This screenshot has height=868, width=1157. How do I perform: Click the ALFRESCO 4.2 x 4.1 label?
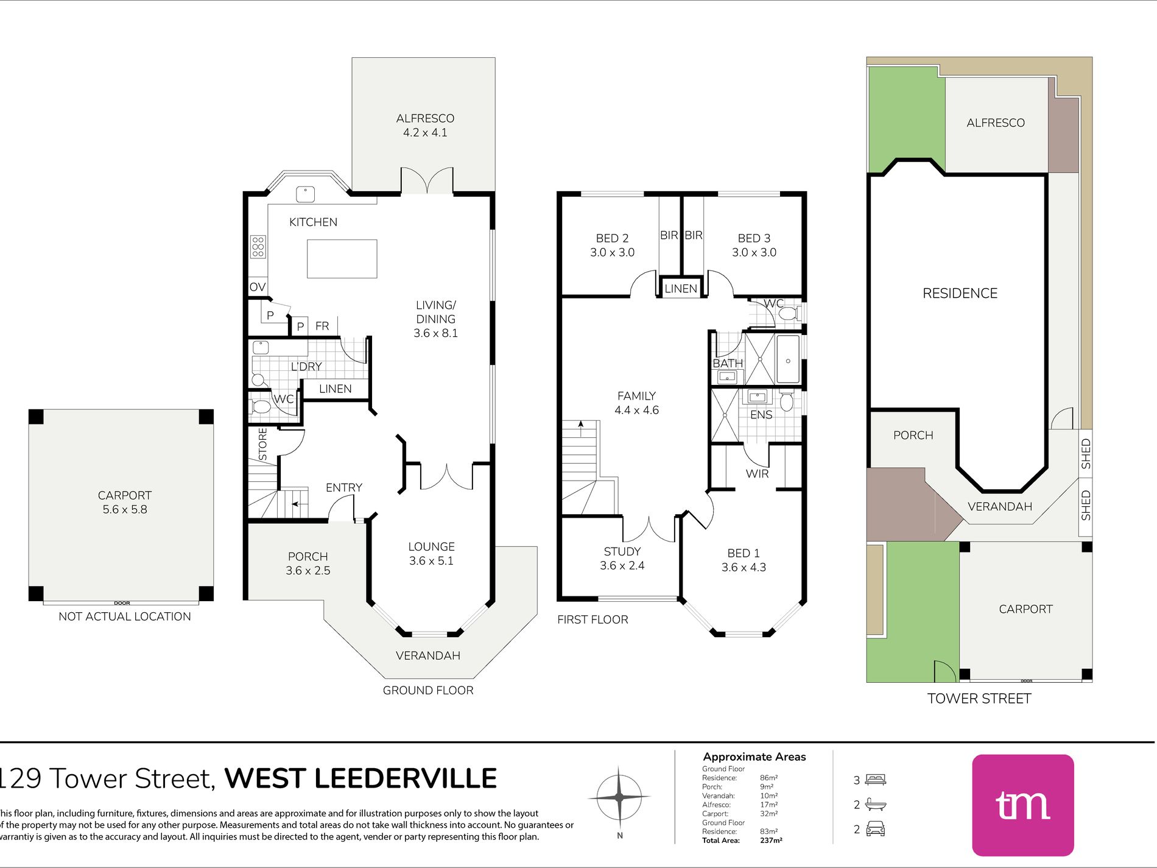[x=425, y=125]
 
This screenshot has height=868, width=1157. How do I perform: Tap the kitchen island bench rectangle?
[x=342, y=259]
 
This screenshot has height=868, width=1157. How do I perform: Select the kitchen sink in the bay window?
[x=305, y=194]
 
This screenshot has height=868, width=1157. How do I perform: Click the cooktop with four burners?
[x=258, y=247]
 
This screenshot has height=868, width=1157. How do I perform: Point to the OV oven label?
[x=258, y=287]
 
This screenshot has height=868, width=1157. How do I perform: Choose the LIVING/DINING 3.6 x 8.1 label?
[x=435, y=319]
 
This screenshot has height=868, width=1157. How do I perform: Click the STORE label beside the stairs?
[x=263, y=443]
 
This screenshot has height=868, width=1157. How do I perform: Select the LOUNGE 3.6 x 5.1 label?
[x=431, y=554]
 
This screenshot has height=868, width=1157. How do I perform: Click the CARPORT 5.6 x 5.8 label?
[x=125, y=503]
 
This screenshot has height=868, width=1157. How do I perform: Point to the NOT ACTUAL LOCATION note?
[x=125, y=616]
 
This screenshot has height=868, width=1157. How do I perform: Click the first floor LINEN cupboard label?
[x=681, y=289]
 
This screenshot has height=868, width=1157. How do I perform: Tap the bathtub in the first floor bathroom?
[x=788, y=359]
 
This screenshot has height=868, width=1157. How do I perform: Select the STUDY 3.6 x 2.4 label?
[x=622, y=559]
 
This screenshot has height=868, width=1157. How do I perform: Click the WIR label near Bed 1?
[x=757, y=474]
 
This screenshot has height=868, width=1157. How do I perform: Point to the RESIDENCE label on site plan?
[x=960, y=294]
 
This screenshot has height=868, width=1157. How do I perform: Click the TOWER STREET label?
[x=979, y=699]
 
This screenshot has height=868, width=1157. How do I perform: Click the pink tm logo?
[x=1023, y=805]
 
